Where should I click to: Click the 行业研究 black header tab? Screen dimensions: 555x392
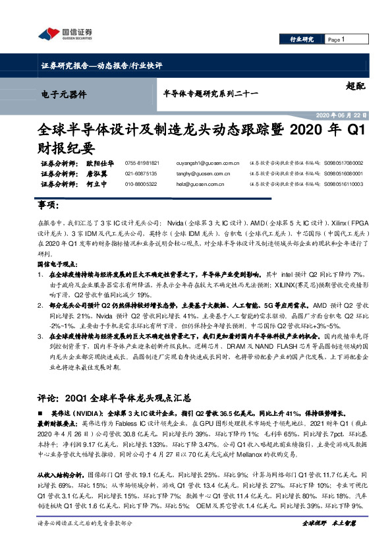(302, 40)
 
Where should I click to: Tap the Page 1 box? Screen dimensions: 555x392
(337, 40)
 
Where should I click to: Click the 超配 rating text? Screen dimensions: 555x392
(355, 86)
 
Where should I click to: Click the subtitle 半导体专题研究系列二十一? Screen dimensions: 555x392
(201, 94)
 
